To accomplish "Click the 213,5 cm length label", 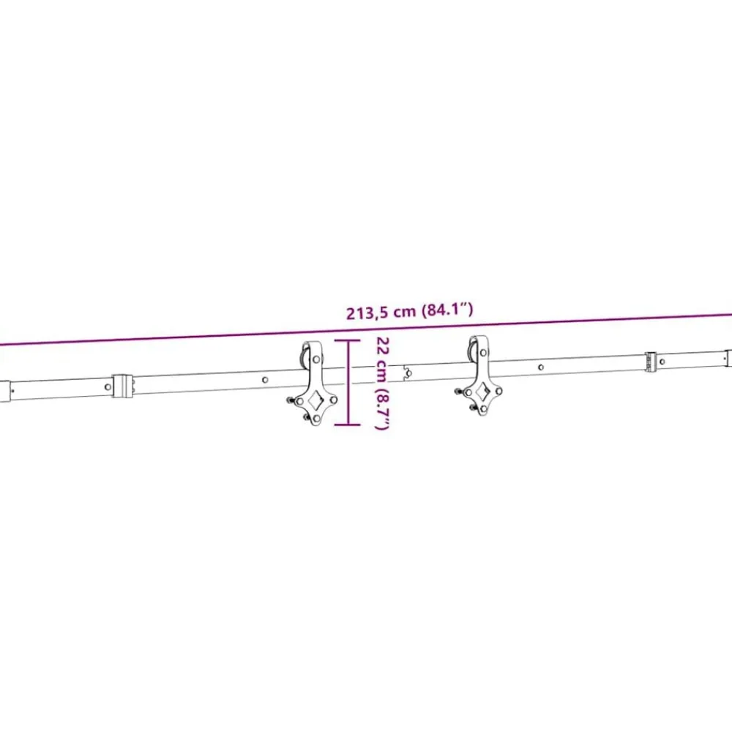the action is point(381,312).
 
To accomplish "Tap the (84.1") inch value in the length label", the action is point(447,310).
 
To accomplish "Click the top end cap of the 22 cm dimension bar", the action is point(347,340).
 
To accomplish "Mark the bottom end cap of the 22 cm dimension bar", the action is point(347,425).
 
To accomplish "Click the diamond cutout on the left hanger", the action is point(315,399).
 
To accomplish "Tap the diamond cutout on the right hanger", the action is point(483,390).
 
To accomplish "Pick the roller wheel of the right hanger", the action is point(471,353).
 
